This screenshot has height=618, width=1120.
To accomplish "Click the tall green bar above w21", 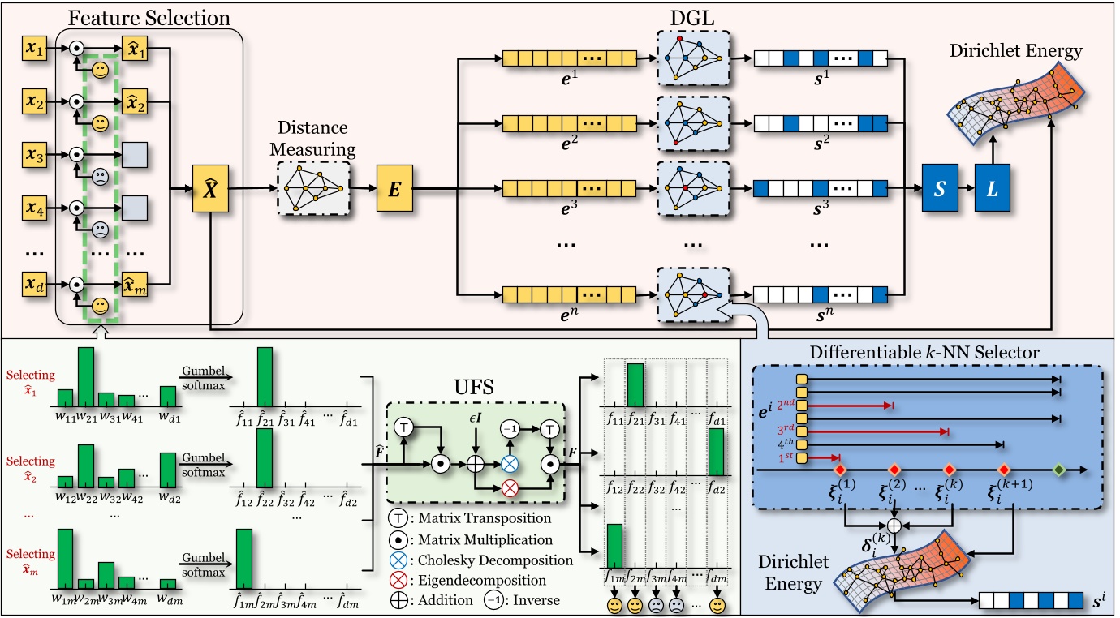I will [x=85, y=376].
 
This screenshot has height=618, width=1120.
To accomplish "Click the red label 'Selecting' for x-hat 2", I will [x=31, y=461].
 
